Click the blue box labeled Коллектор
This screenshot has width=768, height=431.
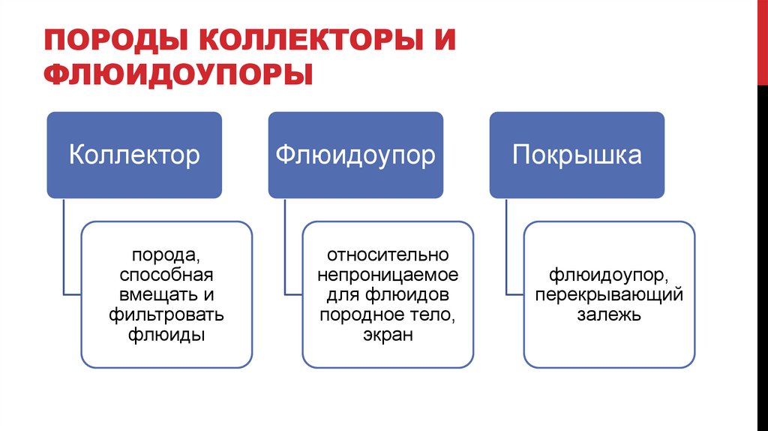coord(134,155)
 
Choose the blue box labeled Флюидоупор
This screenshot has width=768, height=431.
coord(355,155)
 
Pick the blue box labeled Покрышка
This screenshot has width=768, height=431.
coord(577,155)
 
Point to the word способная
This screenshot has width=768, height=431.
coord(166,276)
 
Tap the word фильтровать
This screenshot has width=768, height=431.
coord(166,315)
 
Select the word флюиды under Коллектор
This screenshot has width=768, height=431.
coord(166,334)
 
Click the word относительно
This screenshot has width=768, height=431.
coord(388,256)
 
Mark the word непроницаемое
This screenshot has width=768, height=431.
coord(388,276)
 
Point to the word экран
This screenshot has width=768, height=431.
coord(388,334)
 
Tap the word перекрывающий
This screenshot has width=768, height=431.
coord(609,295)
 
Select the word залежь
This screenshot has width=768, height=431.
coord(609,315)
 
